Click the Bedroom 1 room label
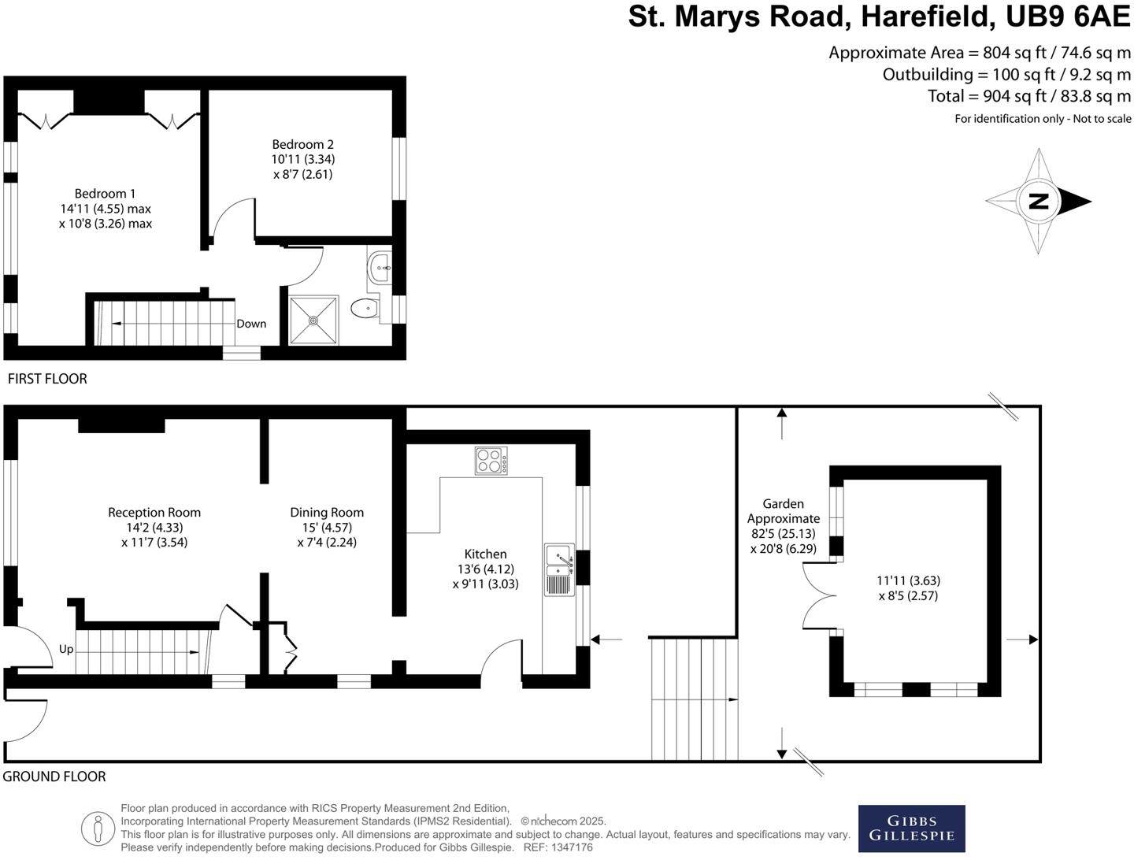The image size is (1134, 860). coord(105,194)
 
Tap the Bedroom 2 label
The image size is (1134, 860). coord(302,144)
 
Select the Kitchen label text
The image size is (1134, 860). coord(485,554)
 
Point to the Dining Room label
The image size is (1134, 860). coord(327,513)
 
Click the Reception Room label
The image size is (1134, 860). coord(154,513)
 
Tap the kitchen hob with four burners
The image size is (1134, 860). coord(491,461)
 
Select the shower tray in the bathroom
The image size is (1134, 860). coord(313,320)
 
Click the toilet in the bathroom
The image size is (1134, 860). coord(365,308)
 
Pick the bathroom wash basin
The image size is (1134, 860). coord(381,268)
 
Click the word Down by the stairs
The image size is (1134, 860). coord(251,324)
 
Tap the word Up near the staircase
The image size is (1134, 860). coord(66,650)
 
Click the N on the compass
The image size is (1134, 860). coord(1039,201)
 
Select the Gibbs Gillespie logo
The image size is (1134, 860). coord(911,828)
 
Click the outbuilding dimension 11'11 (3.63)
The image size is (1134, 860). coord(908,581)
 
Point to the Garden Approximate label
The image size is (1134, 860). coord(784,511)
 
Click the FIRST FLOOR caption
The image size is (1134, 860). coord(47,379)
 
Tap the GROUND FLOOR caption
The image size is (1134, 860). coord(54,777)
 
